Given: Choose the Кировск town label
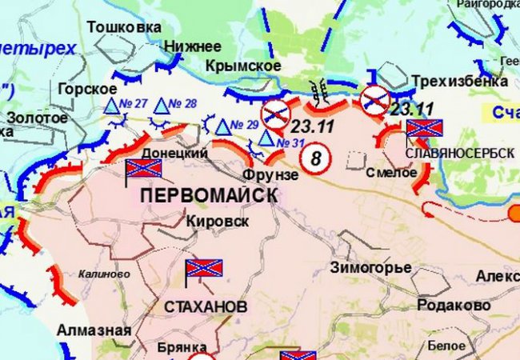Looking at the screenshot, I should click(215, 220).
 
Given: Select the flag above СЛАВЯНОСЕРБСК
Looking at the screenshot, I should click(424, 128).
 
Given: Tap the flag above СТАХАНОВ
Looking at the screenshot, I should click(203, 270).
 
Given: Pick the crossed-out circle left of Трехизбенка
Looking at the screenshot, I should click(374, 100).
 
